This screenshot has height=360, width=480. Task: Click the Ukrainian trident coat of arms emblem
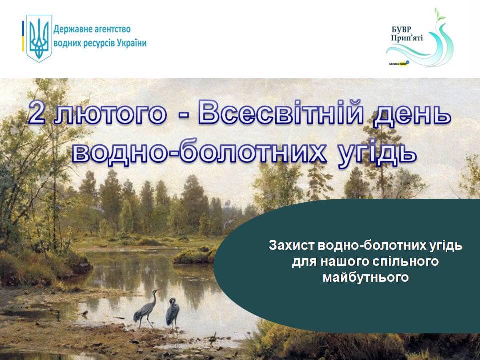pyautogui.click(x=39, y=38)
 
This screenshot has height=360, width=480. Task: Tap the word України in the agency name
pyautogui.click(x=132, y=43)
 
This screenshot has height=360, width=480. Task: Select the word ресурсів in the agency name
pyautogui.click(x=98, y=44)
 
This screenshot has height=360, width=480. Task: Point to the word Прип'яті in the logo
pyautogui.click(x=407, y=38)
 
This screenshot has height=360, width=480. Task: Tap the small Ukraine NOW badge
pyautogui.click(x=399, y=63)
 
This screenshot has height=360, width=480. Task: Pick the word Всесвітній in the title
pyautogui.click(x=281, y=112)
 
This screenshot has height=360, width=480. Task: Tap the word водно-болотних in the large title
pyautogui.click(x=199, y=151)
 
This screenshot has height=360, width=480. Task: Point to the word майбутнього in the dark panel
pyautogui.click(x=366, y=277)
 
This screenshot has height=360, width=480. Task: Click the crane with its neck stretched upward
pyautogui.click(x=146, y=308)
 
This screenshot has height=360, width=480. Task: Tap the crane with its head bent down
pyautogui.click(x=173, y=313)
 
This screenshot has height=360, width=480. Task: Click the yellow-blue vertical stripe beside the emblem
pyautogui.click(x=23, y=36)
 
